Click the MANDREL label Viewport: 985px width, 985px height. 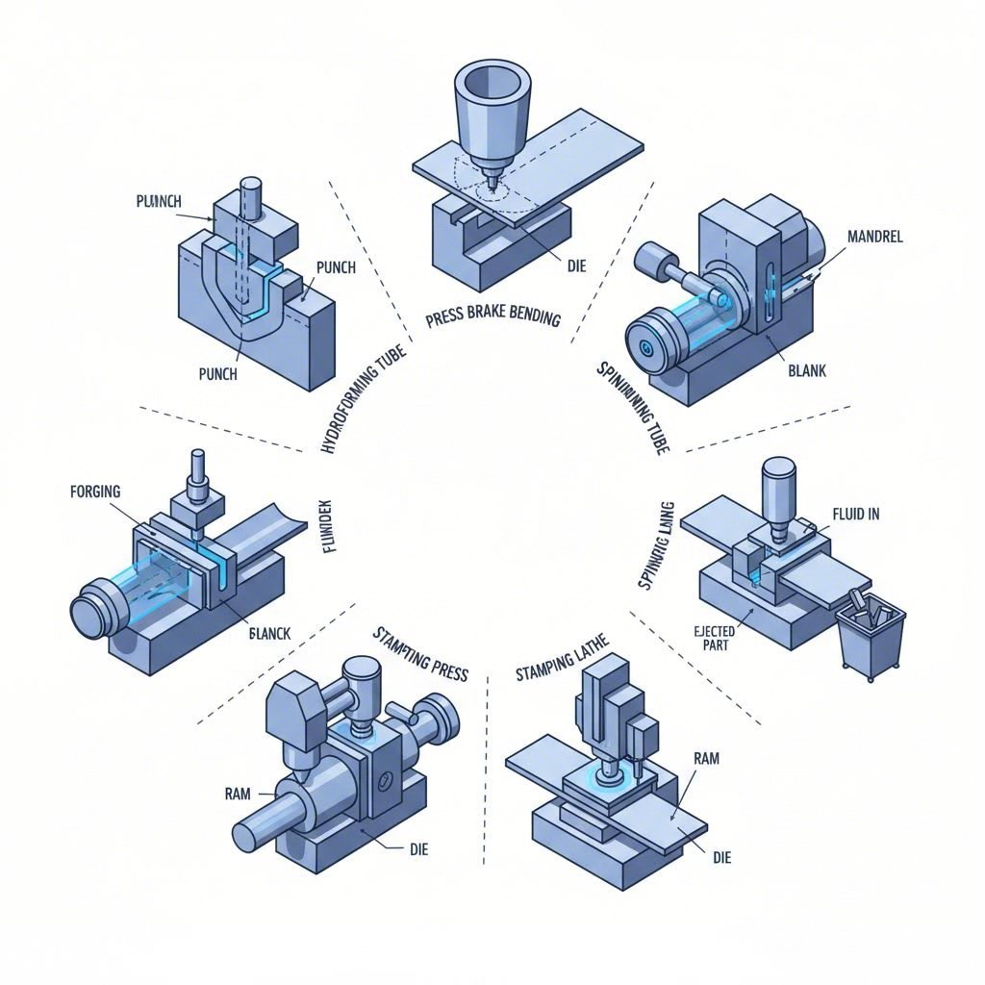point(875,237)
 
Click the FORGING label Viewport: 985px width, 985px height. point(96,492)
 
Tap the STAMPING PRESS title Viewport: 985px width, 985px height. point(420,653)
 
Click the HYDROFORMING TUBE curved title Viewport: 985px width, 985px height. point(363,396)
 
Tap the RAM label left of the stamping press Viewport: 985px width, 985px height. point(237,794)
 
